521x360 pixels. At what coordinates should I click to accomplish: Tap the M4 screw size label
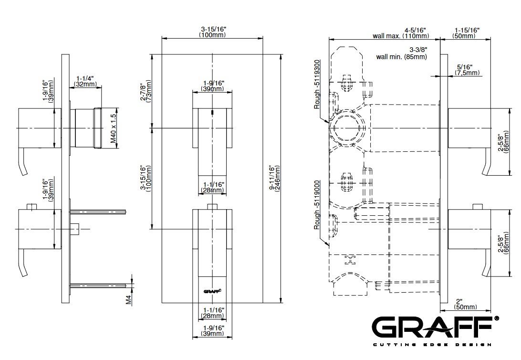pos(128,299)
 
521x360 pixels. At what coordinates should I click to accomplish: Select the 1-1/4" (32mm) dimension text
pos(85,81)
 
